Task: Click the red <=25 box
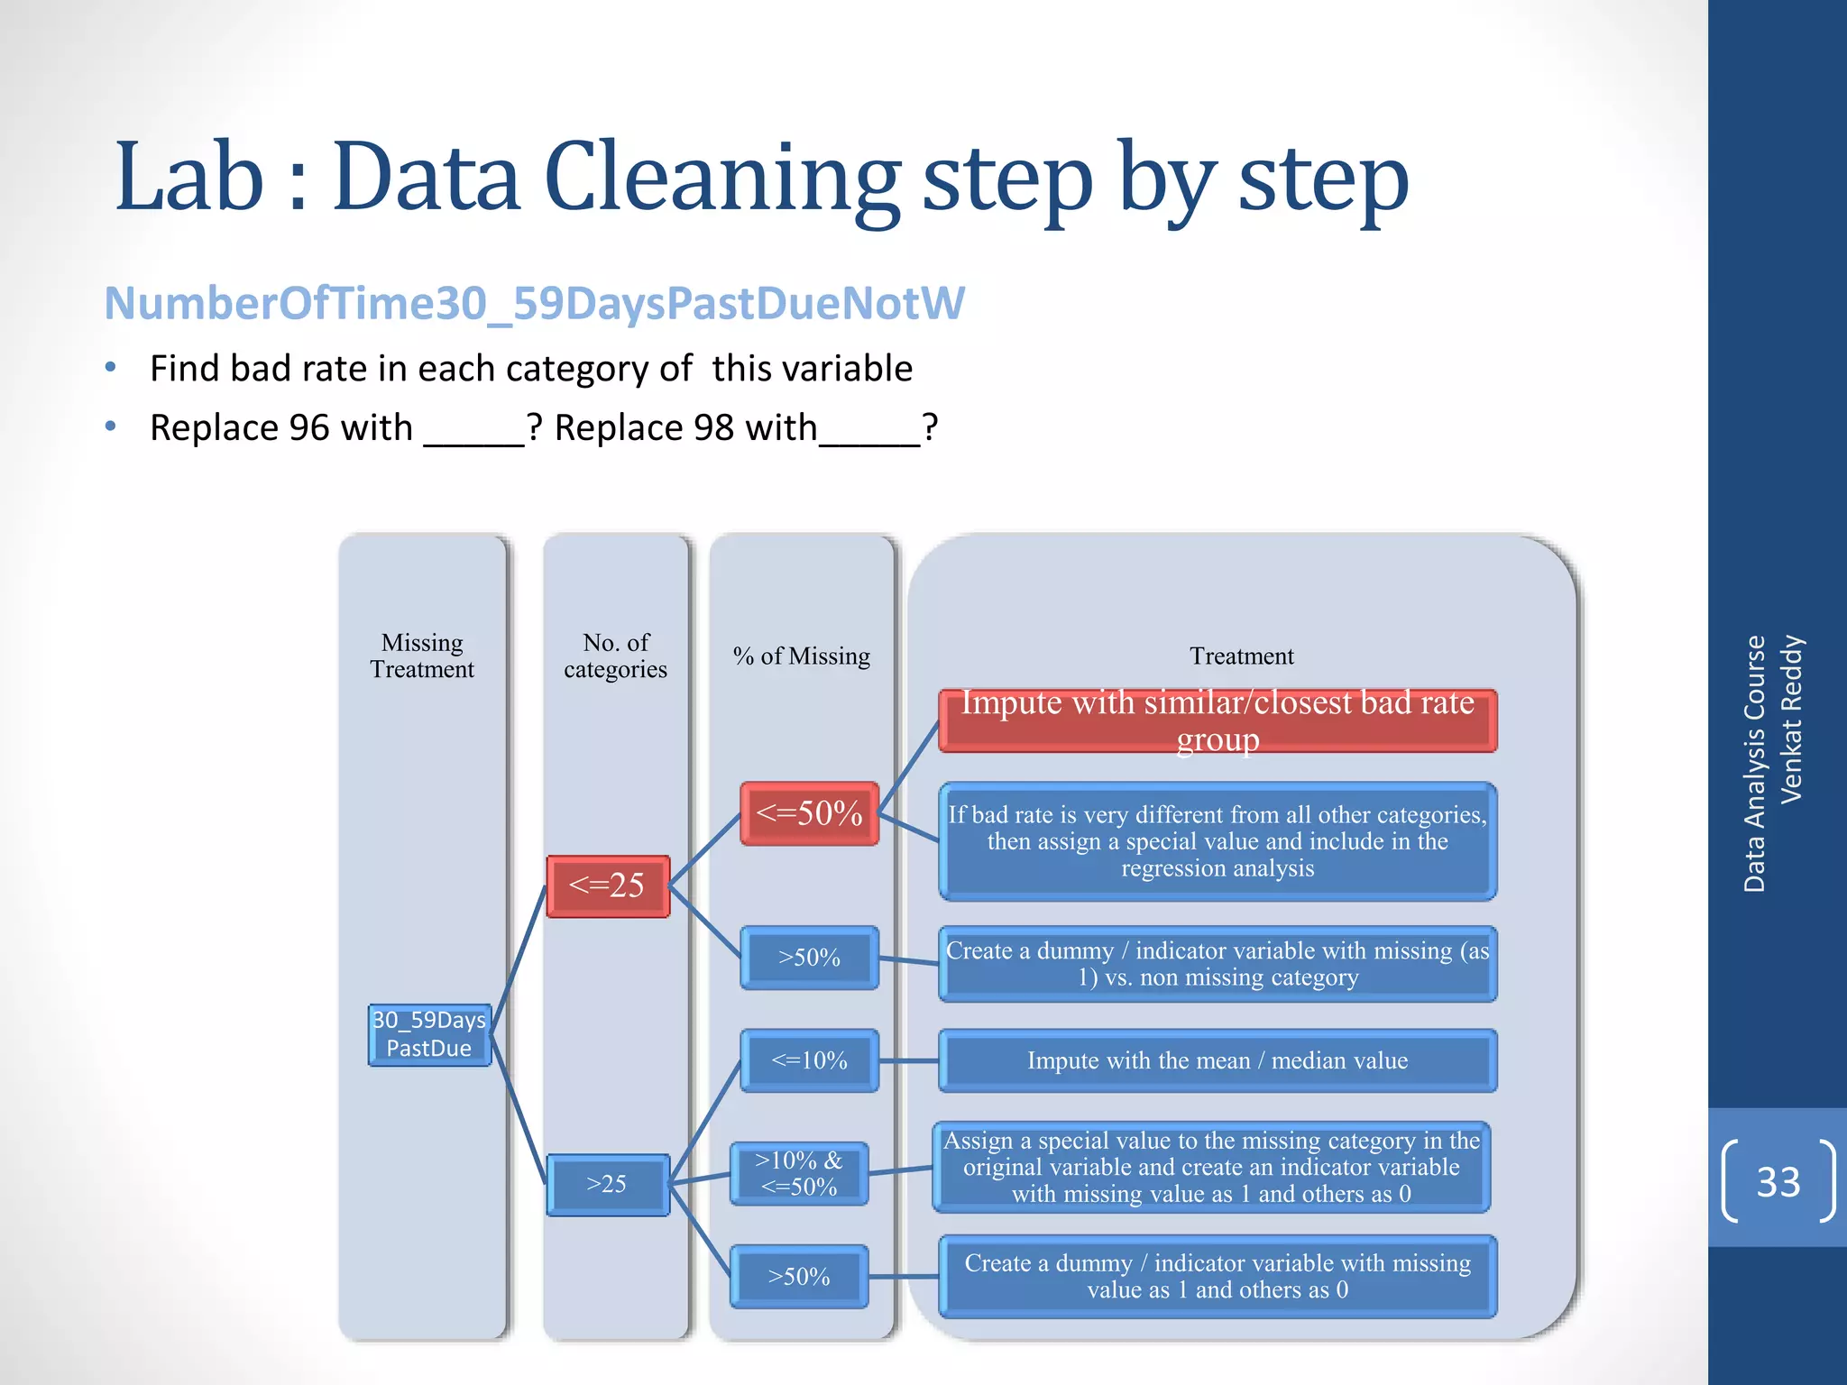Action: [x=608, y=886]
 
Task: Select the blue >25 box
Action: [x=608, y=1185]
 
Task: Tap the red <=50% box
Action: [x=809, y=813]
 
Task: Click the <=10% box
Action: [x=809, y=1060]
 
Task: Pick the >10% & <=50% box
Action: [x=799, y=1173]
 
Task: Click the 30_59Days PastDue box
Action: [x=429, y=1035]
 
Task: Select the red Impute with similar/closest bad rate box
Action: [x=1218, y=720]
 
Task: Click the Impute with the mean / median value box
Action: [x=1218, y=1060]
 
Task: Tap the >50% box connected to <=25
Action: [x=809, y=958]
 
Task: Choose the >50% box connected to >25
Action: [x=799, y=1277]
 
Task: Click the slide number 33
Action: [x=1778, y=1181]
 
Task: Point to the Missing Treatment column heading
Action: [x=422, y=656]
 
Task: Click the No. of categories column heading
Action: [x=616, y=656]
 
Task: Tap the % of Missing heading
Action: [x=802, y=656]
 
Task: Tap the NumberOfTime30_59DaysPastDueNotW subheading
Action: [x=534, y=303]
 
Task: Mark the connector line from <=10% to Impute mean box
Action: [x=908, y=1061]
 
